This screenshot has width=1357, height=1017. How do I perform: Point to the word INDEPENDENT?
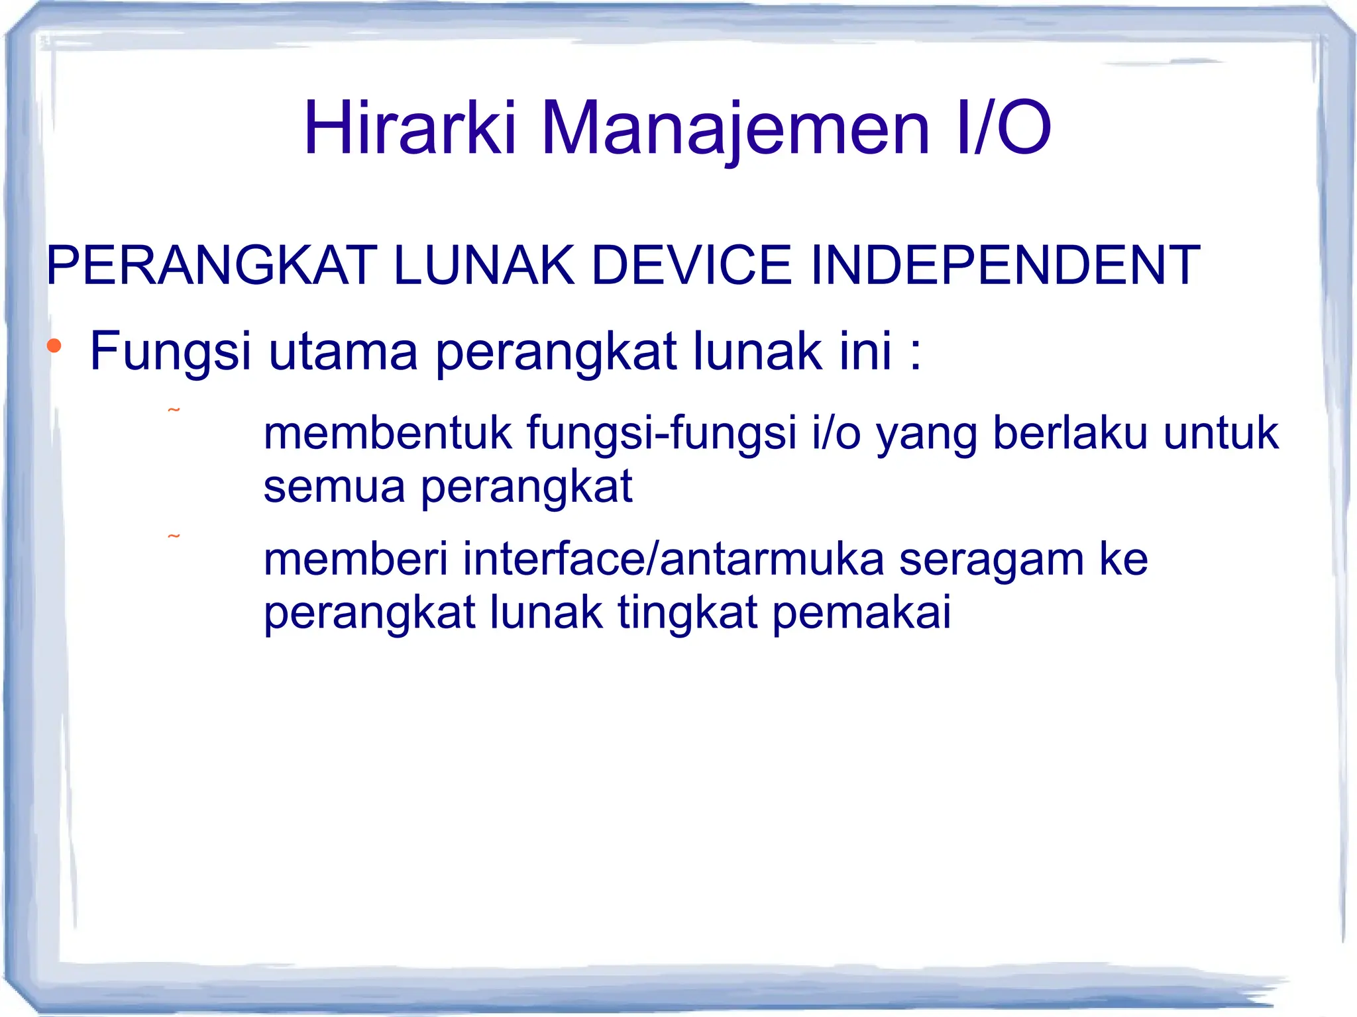(x=1005, y=266)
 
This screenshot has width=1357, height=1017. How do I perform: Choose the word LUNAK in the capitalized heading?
(x=484, y=266)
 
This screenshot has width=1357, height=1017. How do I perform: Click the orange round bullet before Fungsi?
(x=54, y=346)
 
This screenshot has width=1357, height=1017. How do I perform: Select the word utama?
(x=343, y=351)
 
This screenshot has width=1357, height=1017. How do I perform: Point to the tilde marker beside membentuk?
(x=174, y=411)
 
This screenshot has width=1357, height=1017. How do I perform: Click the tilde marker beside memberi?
(x=174, y=536)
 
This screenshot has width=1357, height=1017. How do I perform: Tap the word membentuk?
(x=388, y=433)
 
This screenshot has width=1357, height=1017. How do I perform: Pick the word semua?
(x=334, y=487)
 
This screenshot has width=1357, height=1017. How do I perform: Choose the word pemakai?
(x=861, y=613)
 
